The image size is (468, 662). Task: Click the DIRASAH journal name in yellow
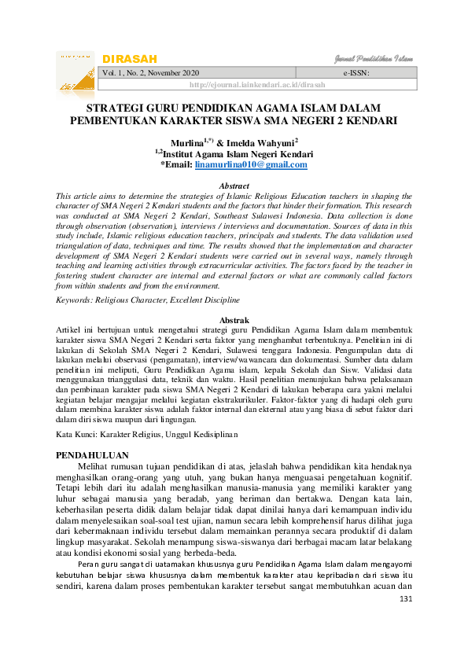click(x=130, y=59)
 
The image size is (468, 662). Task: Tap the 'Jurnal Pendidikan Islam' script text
click(x=370, y=59)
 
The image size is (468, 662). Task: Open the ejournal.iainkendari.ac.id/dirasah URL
click(x=257, y=85)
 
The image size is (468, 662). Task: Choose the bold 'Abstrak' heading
click(x=234, y=321)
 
